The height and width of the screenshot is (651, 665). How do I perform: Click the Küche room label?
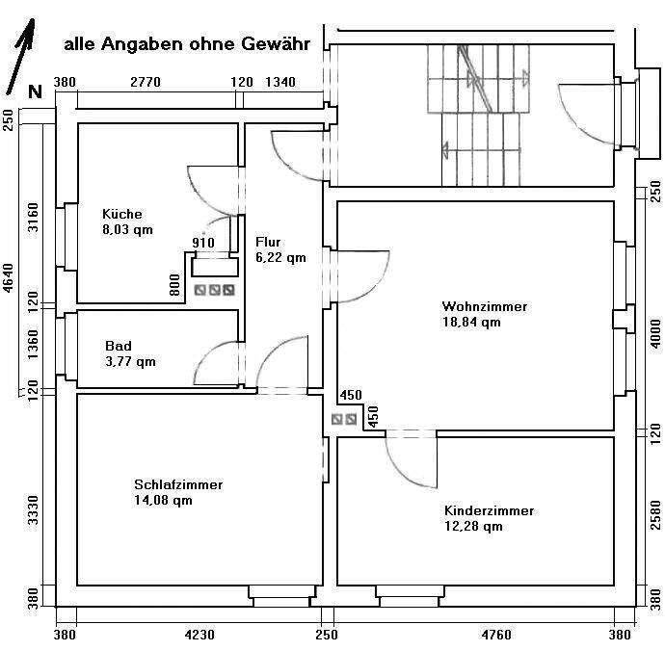coord(122,214)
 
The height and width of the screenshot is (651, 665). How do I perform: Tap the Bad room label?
coord(119,346)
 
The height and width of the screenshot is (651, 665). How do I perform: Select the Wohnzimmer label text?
coord(485,306)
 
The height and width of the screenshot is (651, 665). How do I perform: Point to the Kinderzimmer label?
coord(489,510)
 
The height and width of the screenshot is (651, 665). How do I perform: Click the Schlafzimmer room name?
coord(178,484)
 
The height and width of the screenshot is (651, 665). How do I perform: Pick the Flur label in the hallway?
coord(268,242)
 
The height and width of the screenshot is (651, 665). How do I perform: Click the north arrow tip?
coord(32,19)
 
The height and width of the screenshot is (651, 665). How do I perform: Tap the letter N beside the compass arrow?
coord(36,91)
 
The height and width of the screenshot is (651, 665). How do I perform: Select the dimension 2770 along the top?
coord(146,82)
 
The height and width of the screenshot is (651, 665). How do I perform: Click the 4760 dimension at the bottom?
coord(496,635)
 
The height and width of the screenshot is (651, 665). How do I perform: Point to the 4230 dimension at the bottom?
coord(199,635)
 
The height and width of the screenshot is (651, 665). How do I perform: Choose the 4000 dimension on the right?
coord(655,334)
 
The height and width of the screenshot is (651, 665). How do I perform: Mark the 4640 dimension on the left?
coord(9,277)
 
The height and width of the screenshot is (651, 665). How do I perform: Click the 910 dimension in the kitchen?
coord(203,243)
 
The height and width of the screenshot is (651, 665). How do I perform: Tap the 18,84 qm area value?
coord(471,322)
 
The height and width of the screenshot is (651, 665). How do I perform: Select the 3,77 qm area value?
coord(131,361)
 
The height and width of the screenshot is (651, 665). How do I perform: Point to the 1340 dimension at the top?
coord(280,82)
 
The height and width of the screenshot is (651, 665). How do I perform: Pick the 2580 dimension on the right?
coord(655,515)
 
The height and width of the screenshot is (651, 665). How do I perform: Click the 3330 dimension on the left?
coord(33,509)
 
